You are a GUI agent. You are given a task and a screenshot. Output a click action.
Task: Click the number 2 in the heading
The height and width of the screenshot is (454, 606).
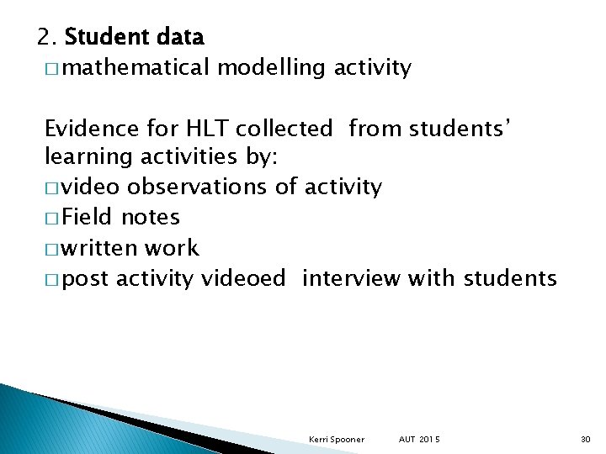[x=45, y=37]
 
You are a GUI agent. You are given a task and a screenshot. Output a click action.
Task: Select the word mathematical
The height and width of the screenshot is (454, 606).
[x=135, y=68]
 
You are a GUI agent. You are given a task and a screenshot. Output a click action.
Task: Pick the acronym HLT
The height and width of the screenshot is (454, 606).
[x=202, y=129]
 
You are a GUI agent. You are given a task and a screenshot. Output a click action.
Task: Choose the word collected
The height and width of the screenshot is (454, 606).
[x=284, y=129]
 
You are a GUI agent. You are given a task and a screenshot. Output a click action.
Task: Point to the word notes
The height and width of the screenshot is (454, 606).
[x=151, y=217]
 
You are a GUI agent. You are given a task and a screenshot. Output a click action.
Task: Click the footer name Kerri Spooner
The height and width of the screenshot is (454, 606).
[x=337, y=440]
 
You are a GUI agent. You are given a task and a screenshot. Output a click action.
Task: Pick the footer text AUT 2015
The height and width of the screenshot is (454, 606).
[x=420, y=440]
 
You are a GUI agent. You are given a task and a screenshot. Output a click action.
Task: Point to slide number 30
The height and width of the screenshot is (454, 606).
[x=586, y=440]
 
